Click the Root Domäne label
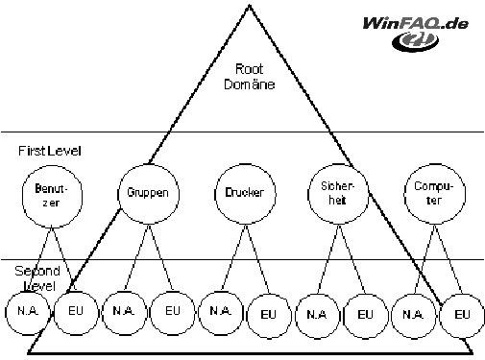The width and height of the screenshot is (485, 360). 249,77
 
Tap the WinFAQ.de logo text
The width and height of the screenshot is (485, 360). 416,24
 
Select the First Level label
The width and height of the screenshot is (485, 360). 50,151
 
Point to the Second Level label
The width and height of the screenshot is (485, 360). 37,278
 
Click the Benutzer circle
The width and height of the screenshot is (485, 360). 22,196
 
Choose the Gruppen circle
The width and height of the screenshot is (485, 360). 117,194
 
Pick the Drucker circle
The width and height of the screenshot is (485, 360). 214,194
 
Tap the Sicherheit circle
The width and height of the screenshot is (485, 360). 308,194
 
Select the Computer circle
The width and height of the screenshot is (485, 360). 404,194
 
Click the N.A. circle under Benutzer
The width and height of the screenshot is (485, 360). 6,313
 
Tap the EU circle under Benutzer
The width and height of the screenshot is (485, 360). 54,313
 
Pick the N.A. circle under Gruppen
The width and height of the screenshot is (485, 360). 102,313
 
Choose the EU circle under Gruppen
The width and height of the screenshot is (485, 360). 151,313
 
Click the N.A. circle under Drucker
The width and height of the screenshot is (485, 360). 199,313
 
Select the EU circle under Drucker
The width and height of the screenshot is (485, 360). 247,316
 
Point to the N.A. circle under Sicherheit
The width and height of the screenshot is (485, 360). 296,316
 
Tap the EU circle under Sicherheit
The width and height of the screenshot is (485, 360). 344,316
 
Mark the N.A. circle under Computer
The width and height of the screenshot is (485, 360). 392,316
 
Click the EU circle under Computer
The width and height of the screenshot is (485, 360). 440,316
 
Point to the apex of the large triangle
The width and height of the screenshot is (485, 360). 250,5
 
